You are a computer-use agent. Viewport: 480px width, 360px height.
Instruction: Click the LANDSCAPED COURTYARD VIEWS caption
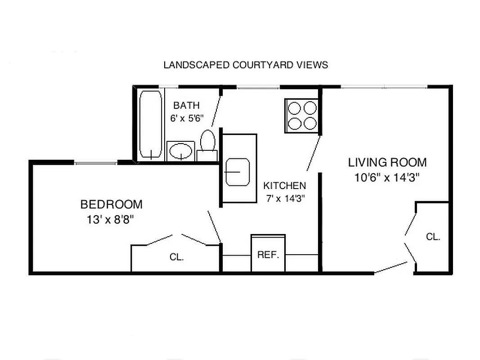246,65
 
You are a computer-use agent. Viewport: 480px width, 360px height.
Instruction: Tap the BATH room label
186,106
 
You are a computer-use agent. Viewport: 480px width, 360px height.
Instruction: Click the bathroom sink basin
181,151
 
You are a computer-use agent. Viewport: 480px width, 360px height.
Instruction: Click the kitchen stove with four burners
302,116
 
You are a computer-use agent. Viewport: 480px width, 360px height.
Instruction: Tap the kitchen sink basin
237,171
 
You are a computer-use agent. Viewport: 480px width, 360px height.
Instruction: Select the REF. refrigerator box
268,254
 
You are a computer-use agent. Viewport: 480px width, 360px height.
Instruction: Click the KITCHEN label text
284,185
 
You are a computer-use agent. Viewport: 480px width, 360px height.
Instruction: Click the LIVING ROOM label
387,162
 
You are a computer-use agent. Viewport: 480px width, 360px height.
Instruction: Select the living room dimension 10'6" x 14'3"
387,177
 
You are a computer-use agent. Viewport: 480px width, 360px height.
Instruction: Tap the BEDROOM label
111,205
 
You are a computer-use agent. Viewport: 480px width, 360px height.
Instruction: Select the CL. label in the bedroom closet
177,257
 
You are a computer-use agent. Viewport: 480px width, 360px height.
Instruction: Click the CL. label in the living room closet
433,237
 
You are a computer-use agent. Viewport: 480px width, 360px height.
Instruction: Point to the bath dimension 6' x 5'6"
187,119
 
